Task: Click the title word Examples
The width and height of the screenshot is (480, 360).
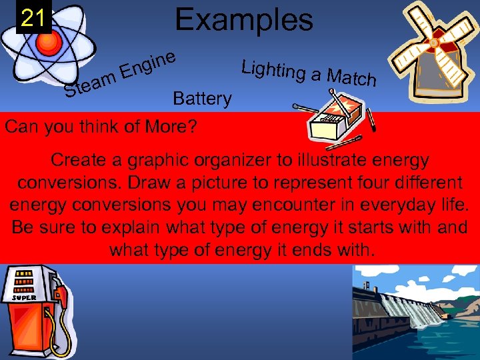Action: [243, 19]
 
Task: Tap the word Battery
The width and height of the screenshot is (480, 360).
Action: [202, 99]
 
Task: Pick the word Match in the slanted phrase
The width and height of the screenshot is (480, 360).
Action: [354, 79]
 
